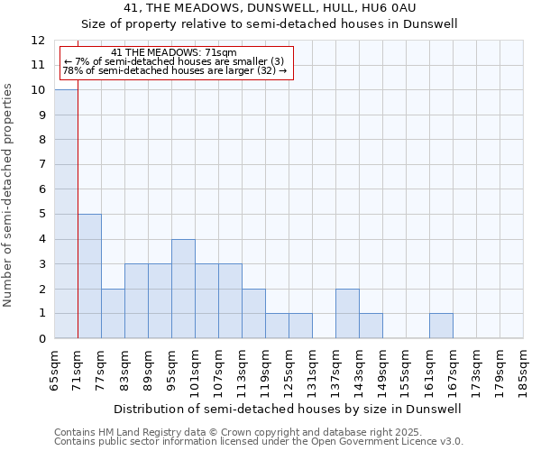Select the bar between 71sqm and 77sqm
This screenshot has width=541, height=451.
point(89,276)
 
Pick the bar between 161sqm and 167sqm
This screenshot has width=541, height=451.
point(441,326)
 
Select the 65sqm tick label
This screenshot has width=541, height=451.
point(55,369)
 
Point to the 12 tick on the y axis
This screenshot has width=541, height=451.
point(38,41)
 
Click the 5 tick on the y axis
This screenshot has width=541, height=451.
point(41,215)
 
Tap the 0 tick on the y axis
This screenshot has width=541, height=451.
point(41,338)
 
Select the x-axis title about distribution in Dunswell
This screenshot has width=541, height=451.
point(288,409)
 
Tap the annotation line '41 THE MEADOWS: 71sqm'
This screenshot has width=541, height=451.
point(176,53)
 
